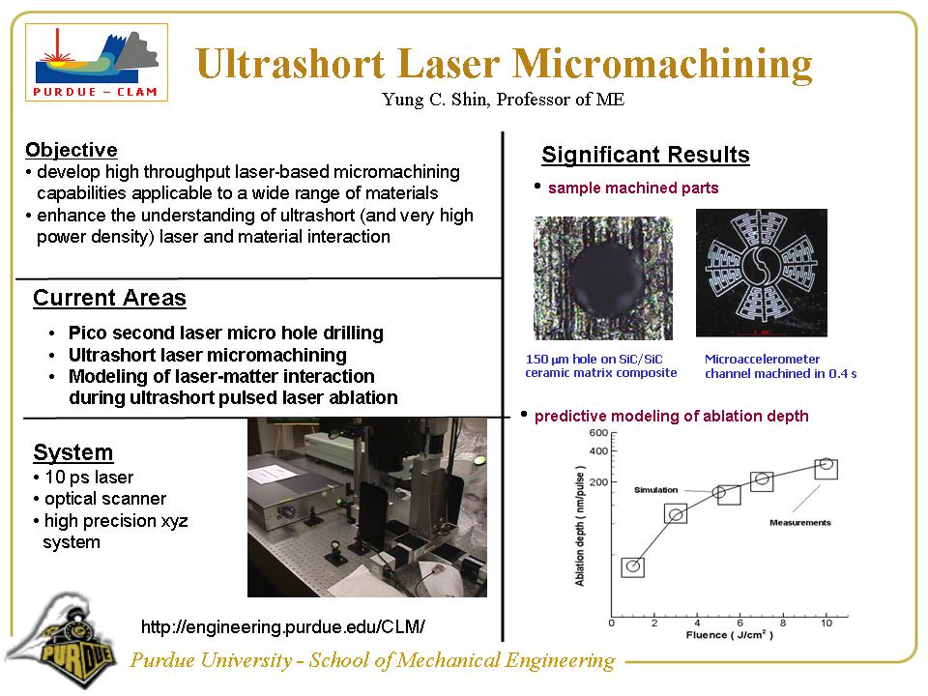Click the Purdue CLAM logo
(97, 63)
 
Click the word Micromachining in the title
(661, 64)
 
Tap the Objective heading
(71, 150)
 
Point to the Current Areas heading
(109, 298)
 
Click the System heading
(72, 452)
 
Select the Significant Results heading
(645, 155)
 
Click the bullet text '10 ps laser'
(88, 478)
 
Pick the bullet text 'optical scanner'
(104, 499)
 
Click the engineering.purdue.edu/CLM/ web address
(282, 626)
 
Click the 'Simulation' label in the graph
(655, 490)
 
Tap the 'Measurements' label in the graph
(799, 523)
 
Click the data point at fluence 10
(826, 467)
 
